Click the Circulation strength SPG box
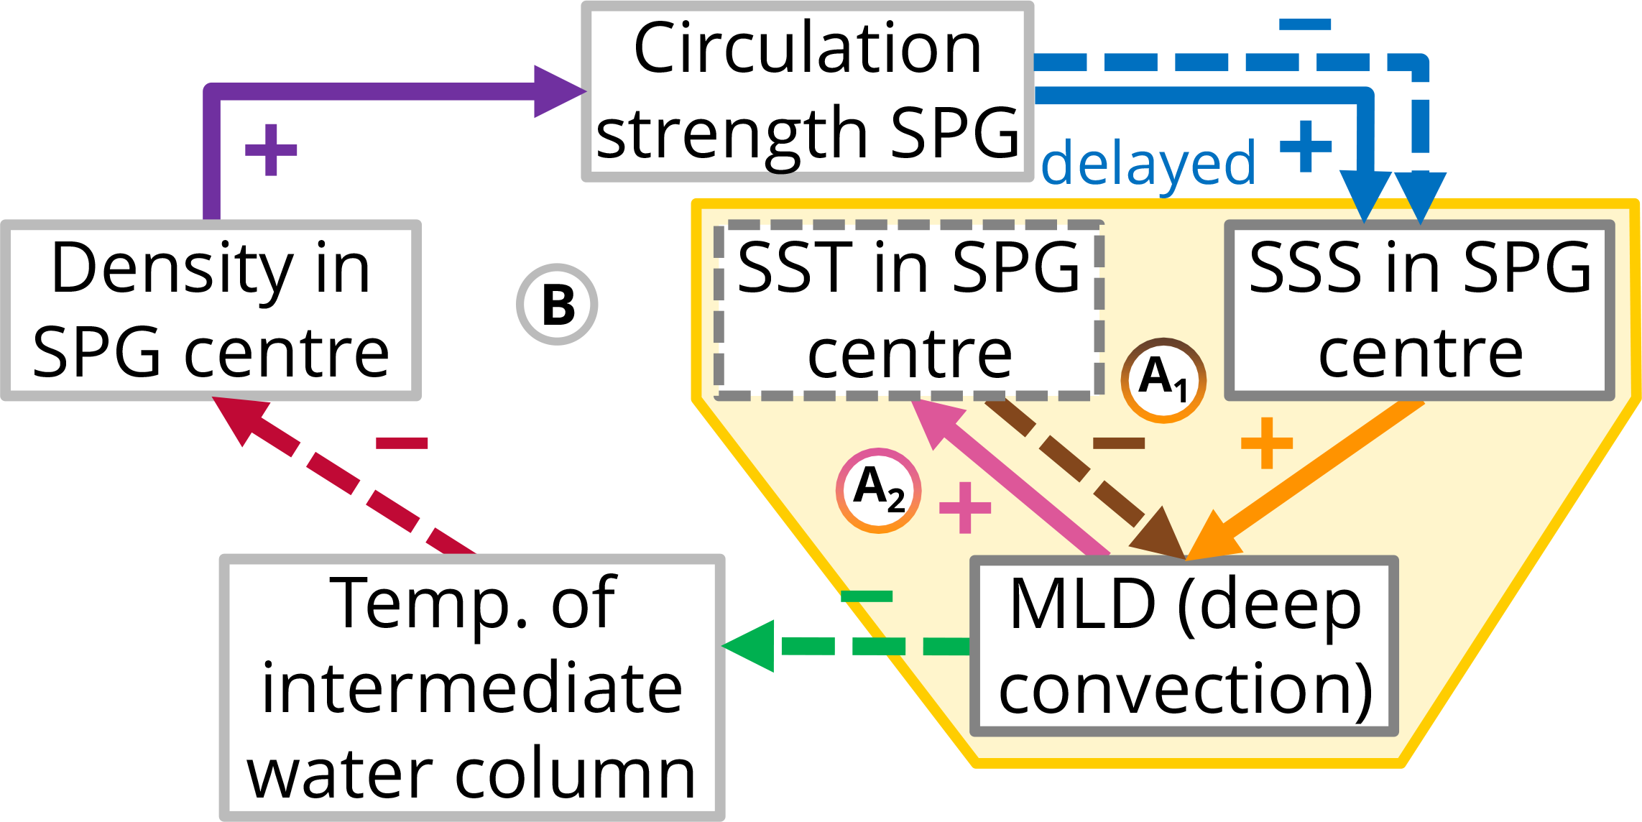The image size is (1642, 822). click(807, 91)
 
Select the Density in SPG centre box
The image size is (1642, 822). click(211, 310)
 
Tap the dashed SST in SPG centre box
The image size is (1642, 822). click(909, 310)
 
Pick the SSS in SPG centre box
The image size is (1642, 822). click(1420, 310)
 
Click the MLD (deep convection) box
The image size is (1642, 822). click(1184, 645)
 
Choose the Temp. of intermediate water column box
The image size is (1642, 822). click(472, 687)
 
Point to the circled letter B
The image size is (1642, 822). click(557, 305)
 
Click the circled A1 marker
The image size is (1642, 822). click(1163, 379)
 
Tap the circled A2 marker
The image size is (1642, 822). click(878, 491)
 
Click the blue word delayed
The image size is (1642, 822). click(1148, 164)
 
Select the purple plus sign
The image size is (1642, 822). click(271, 149)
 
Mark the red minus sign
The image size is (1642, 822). click(402, 443)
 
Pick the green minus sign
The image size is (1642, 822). click(867, 596)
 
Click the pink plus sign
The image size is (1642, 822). click(965, 507)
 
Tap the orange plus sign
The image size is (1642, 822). click(1267, 443)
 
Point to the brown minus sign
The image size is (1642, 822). click(1118, 443)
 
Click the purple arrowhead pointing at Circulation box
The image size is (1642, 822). click(558, 91)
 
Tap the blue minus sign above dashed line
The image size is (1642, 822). click(1305, 25)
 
